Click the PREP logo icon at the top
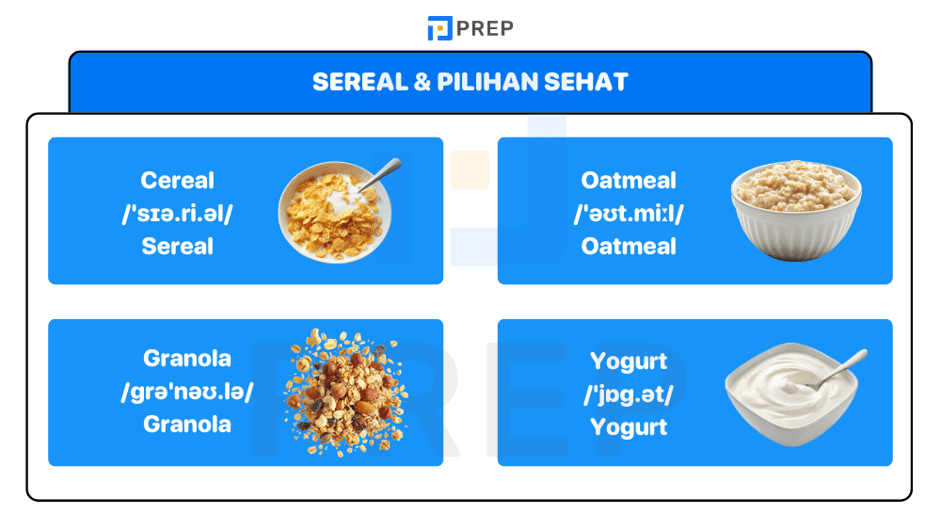click(439, 28)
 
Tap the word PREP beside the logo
click(485, 28)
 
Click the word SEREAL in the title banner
click(357, 82)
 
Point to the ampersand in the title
click(423, 82)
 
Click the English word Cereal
click(178, 180)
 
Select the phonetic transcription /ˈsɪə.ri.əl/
click(178, 213)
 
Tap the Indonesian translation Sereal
click(178, 247)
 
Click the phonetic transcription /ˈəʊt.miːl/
click(629, 213)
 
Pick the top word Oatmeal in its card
click(629, 180)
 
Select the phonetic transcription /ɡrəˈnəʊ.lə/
click(187, 392)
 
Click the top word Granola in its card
click(187, 359)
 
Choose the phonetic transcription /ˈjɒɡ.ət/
click(629, 394)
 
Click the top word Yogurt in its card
click(629, 361)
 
